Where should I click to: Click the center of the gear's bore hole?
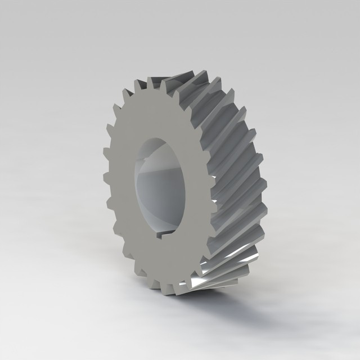[160, 186]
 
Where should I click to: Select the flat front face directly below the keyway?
[166, 259]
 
